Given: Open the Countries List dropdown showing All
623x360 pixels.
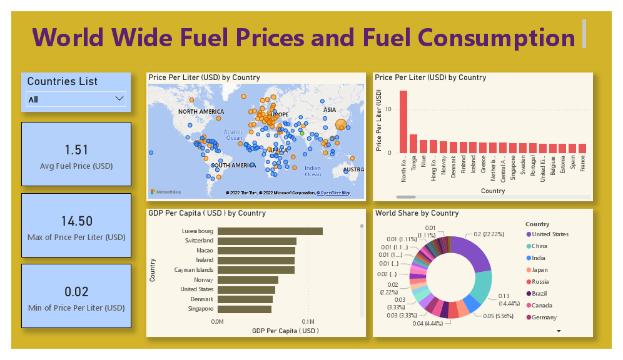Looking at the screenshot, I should pos(76,99).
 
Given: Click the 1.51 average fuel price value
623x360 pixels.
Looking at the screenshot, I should pos(76,150).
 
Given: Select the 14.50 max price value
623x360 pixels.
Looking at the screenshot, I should pos(76,221).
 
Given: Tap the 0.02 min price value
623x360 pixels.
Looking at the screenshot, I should pos(76,291).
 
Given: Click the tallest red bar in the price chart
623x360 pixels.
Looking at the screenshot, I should pos(403,122).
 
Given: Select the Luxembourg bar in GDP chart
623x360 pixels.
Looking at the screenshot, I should pos(270,231).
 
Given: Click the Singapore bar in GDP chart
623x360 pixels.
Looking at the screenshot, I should pos(245,309).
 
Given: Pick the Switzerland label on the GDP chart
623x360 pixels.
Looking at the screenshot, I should pos(199,241).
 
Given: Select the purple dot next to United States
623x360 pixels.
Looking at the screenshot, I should pos(529,234).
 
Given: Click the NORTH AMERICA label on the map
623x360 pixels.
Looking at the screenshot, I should pos(201,112).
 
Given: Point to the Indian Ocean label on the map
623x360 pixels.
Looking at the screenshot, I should pos(313,171).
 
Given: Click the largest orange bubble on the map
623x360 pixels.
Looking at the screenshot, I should pos(341,126).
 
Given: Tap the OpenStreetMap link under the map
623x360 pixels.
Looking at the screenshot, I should pos(333,193).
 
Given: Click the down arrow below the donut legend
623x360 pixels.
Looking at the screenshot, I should pos(559,331).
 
